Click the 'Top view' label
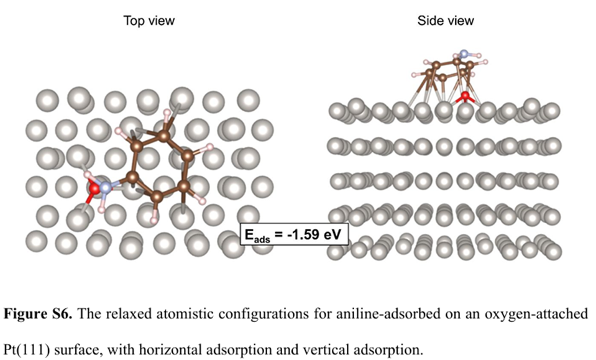(x=149, y=21)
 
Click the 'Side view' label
(x=445, y=21)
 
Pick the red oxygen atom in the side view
(x=465, y=96)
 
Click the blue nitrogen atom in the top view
(x=106, y=187)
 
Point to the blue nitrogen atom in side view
(x=464, y=55)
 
